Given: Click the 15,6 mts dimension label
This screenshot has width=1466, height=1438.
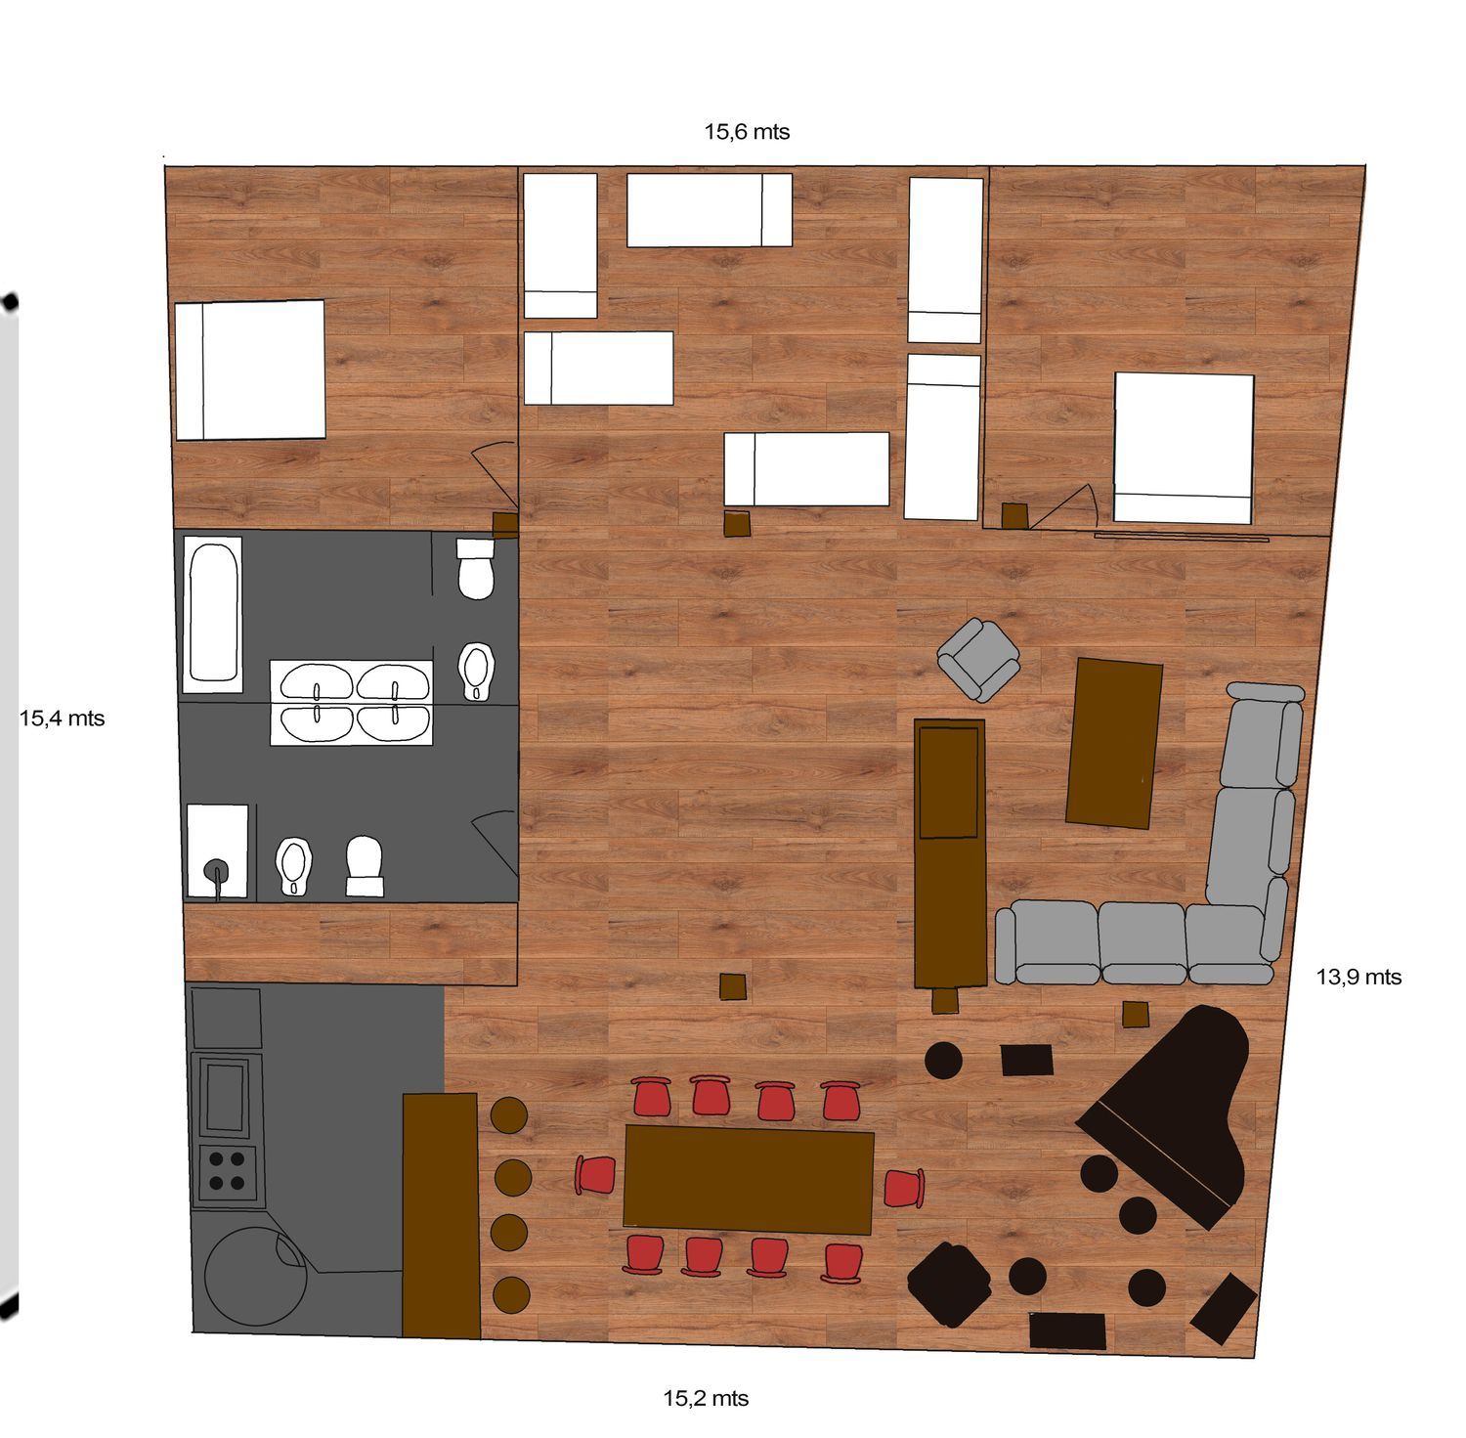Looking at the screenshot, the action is pos(747,132).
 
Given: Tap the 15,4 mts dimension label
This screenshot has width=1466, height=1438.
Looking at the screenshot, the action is pos(62,719).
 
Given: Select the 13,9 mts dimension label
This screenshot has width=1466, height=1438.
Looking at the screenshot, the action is pos(1358,977).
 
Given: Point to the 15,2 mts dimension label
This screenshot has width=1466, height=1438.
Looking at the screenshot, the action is pos(706,1399).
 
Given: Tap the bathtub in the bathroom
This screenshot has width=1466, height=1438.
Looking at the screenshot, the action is pos(213,614).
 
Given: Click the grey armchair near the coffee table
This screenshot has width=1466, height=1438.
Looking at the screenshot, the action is pos(979,659).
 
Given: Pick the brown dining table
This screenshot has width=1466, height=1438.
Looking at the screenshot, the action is pos(748,1179).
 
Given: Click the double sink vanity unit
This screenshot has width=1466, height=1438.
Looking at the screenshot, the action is pos(352,703).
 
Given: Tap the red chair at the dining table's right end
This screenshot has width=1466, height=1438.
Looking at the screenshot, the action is pos(904,1188).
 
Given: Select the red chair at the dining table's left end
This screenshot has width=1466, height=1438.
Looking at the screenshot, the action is pos(595,1174).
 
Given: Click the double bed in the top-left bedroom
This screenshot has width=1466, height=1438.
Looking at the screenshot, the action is pos(249,370).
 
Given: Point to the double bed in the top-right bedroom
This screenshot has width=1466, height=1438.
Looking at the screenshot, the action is pos(1184,448).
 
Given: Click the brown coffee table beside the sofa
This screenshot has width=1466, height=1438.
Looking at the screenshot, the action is pos(1114,743).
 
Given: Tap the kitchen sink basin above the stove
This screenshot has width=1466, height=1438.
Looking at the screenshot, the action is pos(227,1096).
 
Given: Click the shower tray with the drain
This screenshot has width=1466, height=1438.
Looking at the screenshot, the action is pos(217,850).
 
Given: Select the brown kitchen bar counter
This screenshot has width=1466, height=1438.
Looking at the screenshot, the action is pos(441,1215).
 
